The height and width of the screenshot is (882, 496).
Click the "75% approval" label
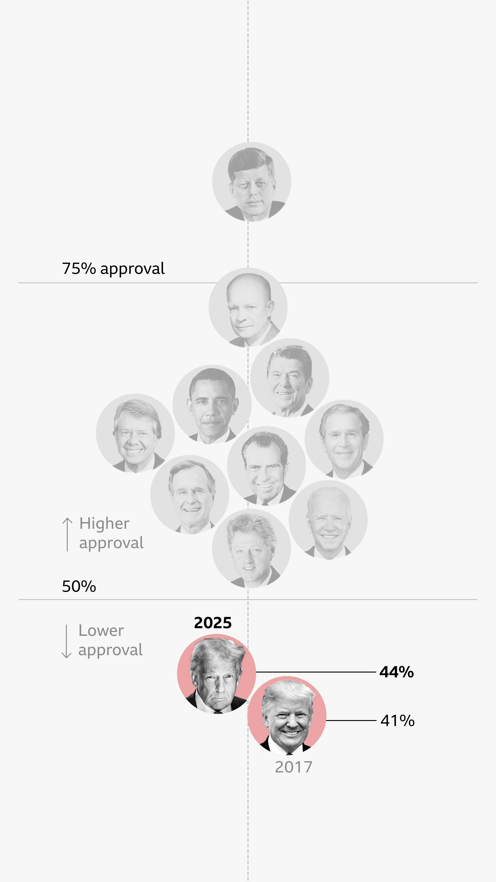[x=113, y=269]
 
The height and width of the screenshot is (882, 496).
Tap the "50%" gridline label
[x=79, y=587]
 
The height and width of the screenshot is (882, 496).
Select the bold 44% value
[x=396, y=672]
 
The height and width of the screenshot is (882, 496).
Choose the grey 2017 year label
[x=293, y=767]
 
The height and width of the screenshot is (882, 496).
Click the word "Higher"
[x=104, y=523]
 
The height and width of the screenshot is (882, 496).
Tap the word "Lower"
[x=101, y=631]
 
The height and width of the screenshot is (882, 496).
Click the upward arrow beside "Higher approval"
[x=67, y=534]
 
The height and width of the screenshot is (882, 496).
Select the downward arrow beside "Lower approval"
[x=66, y=641]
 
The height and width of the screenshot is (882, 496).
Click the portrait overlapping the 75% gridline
[x=248, y=307]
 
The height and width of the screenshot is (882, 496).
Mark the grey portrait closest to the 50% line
[x=251, y=548]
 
